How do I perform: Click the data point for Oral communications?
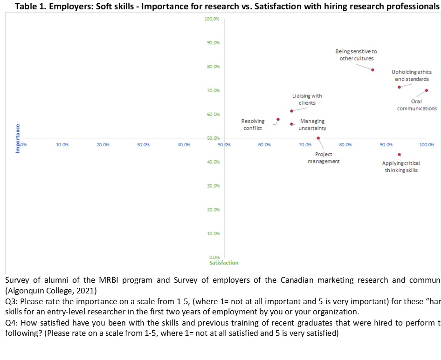426,90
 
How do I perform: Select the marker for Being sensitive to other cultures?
372,70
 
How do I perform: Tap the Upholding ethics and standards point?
399,87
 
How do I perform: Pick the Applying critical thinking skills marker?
399,155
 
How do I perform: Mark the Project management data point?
318,138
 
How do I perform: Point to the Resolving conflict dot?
278,119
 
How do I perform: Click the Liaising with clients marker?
291,111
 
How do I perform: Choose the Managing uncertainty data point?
291,124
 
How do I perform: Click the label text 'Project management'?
324,158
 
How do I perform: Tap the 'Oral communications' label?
417,105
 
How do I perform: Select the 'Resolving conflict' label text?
253,124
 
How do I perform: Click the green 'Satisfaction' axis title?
224,263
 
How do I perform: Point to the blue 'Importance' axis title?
18,138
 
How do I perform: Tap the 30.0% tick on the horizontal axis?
143,145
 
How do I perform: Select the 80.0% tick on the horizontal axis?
345,145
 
